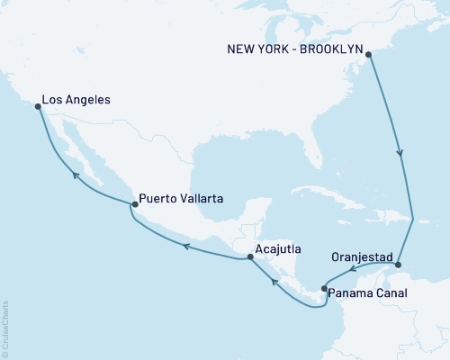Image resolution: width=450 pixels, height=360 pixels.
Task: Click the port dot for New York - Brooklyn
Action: click(x=369, y=54)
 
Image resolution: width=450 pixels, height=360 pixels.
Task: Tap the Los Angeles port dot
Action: click(x=38, y=106)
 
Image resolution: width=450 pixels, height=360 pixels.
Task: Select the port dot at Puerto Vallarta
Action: click(x=134, y=204)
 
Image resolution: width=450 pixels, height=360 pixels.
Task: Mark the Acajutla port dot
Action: click(x=249, y=258)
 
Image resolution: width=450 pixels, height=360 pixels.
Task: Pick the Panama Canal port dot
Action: click(x=323, y=288)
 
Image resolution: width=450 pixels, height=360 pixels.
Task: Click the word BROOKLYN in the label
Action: click(x=328, y=41)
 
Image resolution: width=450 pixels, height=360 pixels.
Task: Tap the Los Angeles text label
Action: click(x=76, y=101)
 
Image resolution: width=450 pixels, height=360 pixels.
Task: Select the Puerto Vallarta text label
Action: click(x=181, y=198)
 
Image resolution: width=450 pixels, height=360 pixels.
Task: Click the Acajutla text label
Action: click(x=278, y=249)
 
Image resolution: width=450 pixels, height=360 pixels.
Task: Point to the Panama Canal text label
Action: click(x=367, y=293)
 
